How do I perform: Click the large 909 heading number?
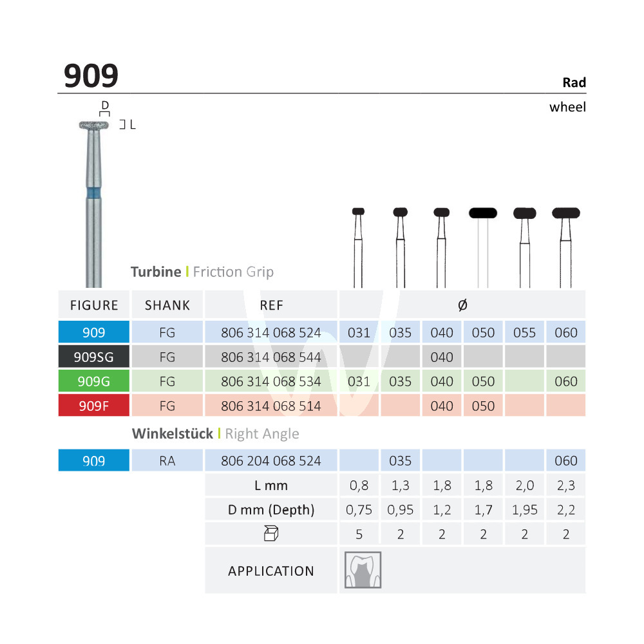91,76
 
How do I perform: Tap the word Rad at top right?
574,82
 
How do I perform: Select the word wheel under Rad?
567,107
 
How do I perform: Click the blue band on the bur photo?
93,193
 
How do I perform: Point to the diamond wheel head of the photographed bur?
94,126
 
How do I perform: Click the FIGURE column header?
94,305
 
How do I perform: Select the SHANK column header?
167,305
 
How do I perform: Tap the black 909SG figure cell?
93,357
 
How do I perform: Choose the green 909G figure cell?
93,381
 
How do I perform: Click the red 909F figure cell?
93,406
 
